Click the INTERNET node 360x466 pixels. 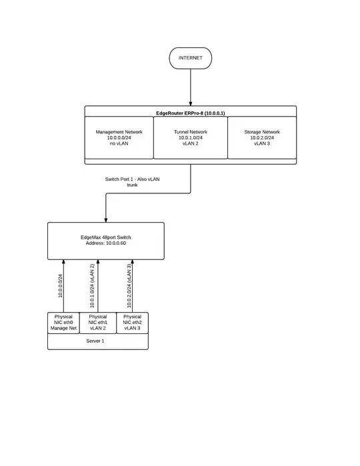(x=191, y=58)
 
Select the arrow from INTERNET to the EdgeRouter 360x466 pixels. (x=191, y=87)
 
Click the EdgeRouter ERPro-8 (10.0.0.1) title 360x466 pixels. (x=191, y=113)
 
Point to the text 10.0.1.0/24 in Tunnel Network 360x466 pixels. (x=191, y=138)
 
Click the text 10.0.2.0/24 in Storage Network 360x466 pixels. (x=262, y=138)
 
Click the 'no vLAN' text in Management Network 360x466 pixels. (x=119, y=144)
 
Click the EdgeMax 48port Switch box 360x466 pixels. (x=106, y=241)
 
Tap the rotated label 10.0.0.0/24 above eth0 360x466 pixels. (x=60, y=285)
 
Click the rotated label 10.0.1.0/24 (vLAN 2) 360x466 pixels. (x=91, y=285)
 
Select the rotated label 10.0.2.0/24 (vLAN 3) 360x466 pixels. (x=129, y=285)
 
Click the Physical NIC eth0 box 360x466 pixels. (x=63, y=322)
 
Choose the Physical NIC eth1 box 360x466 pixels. (x=97, y=322)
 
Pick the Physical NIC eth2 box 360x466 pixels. (x=132, y=322)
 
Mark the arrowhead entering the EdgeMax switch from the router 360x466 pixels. (x=106, y=219)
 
